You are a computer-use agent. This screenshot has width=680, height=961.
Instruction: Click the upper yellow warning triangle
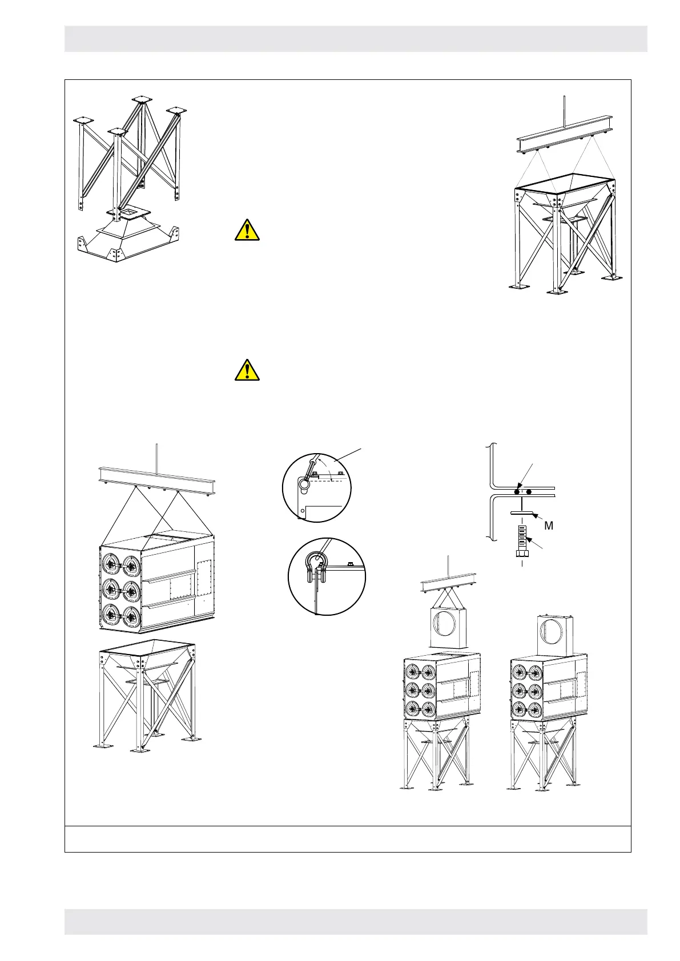[247, 230]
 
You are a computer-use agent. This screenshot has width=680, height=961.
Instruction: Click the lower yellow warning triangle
[247, 370]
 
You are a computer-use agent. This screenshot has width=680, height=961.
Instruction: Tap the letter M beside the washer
[549, 526]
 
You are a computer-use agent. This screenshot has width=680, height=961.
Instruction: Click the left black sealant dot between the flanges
[517, 491]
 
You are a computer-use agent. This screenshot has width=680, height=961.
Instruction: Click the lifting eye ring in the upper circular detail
[304, 484]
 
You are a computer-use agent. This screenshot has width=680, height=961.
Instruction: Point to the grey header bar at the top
[356, 39]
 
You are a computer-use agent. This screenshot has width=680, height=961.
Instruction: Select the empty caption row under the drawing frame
[347, 838]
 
